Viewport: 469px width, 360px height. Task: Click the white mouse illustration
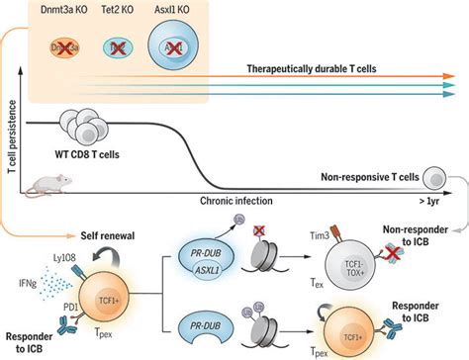coord(47,182)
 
